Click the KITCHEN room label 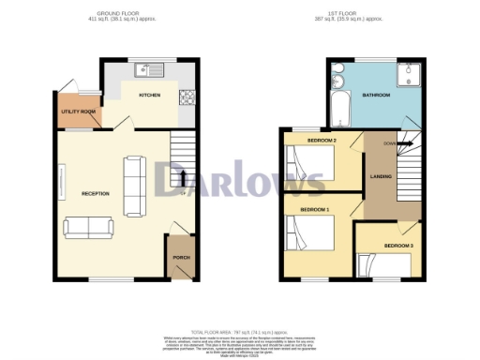[x=150, y=96]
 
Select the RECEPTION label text [x=96, y=193]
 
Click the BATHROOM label [x=378, y=96]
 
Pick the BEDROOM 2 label [x=321, y=141]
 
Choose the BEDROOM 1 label [x=313, y=209]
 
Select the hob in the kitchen [x=186, y=96]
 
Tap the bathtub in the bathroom [x=338, y=105]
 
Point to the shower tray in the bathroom [x=409, y=74]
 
